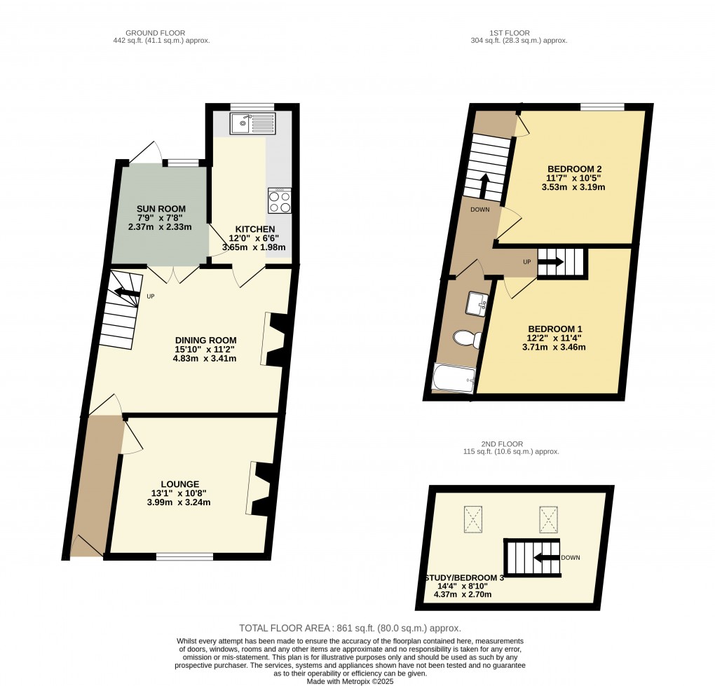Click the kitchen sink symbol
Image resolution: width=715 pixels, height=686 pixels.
click(x=252, y=123)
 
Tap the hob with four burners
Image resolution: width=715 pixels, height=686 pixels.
click(x=280, y=200)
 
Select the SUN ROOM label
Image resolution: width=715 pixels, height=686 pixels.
click(x=161, y=209)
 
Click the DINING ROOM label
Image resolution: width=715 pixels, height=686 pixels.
click(x=205, y=340)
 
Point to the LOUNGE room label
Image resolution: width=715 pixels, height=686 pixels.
click(x=179, y=484)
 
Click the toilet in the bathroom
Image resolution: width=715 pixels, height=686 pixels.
click(x=468, y=338)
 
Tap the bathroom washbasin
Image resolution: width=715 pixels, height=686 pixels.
click(x=477, y=303)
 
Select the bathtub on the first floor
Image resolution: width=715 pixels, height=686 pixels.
click(x=454, y=378)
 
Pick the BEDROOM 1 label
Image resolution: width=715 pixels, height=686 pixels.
click(x=555, y=329)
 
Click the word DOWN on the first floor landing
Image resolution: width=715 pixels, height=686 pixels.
click(x=479, y=210)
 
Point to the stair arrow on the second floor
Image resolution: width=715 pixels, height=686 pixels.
click(x=546, y=558)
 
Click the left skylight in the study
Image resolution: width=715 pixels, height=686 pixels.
click(x=473, y=519)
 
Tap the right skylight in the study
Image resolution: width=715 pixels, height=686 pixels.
click(x=549, y=519)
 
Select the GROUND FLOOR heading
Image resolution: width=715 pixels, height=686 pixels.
click(x=155, y=33)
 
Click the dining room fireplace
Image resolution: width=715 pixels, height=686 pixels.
click(x=275, y=339)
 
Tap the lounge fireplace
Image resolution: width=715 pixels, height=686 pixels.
click(x=261, y=488)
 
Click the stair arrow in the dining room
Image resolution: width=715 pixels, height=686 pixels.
click(x=127, y=291)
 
